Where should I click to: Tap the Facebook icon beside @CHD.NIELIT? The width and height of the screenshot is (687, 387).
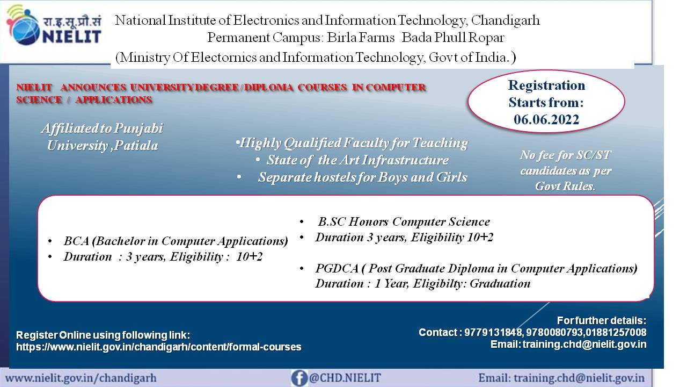click(x=299, y=378)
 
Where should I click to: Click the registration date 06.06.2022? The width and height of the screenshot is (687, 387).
click(x=546, y=120)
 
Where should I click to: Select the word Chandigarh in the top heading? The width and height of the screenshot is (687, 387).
click(x=506, y=20)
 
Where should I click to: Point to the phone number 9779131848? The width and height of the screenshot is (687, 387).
click(x=493, y=332)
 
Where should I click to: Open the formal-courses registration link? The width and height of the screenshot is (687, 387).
click(x=158, y=347)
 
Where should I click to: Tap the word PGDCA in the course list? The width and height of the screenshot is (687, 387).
click(x=337, y=268)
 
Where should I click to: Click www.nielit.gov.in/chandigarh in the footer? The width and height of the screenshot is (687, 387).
click(x=81, y=378)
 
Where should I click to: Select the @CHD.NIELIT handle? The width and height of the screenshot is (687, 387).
click(x=345, y=377)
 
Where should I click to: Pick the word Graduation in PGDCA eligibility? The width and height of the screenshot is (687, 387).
click(x=500, y=283)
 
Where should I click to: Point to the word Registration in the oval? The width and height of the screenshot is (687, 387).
click(x=546, y=85)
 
